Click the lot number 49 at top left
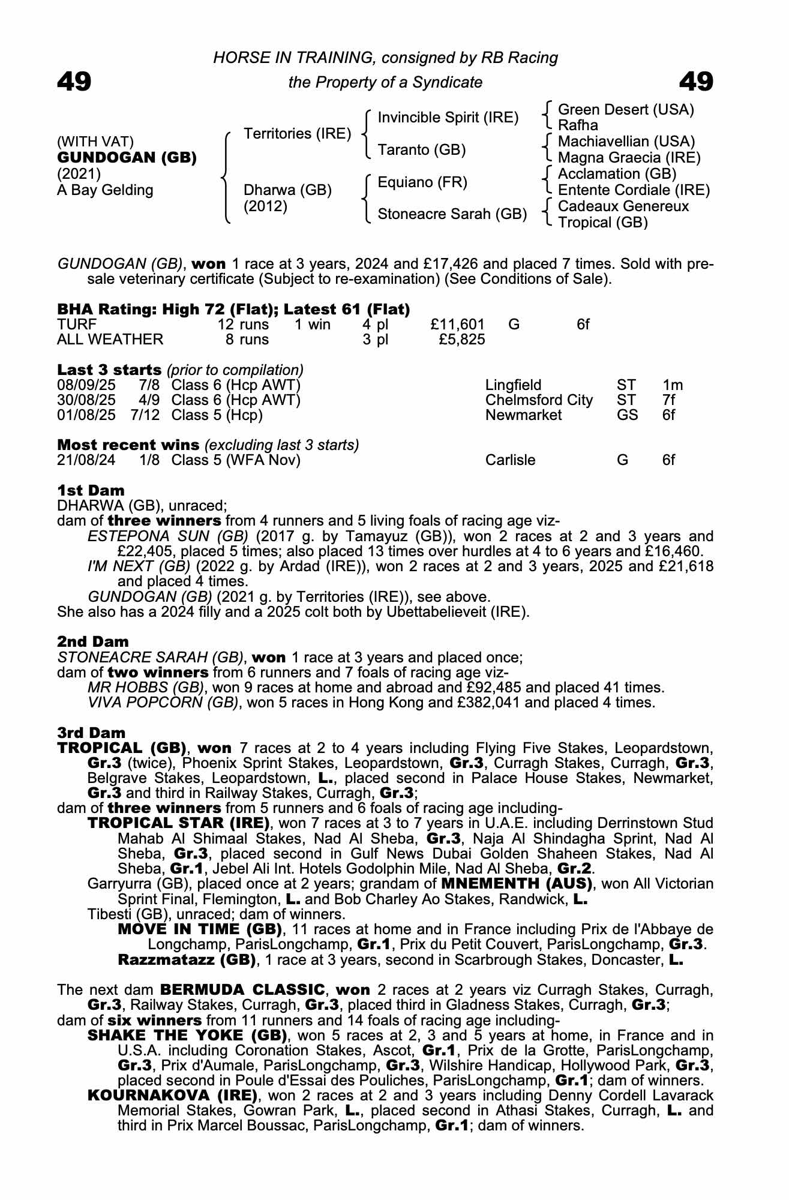pos(74,82)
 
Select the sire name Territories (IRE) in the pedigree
pos(297,133)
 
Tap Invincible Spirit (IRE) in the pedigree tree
pos(448,118)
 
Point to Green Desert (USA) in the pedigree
pos(626,110)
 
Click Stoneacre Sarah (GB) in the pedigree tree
pos(452,214)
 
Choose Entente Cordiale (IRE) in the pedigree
pos(634,190)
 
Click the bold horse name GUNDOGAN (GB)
pos(127,158)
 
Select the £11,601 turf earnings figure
pos(457,325)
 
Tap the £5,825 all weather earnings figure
pos(461,340)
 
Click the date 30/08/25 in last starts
pos(86,400)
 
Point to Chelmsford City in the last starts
pos(539,400)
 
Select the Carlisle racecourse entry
pos(510,460)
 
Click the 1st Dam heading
pos(91,490)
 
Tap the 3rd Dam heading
pos(91,733)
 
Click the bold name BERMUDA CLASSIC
pos(242,989)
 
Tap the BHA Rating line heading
pos(233,309)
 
